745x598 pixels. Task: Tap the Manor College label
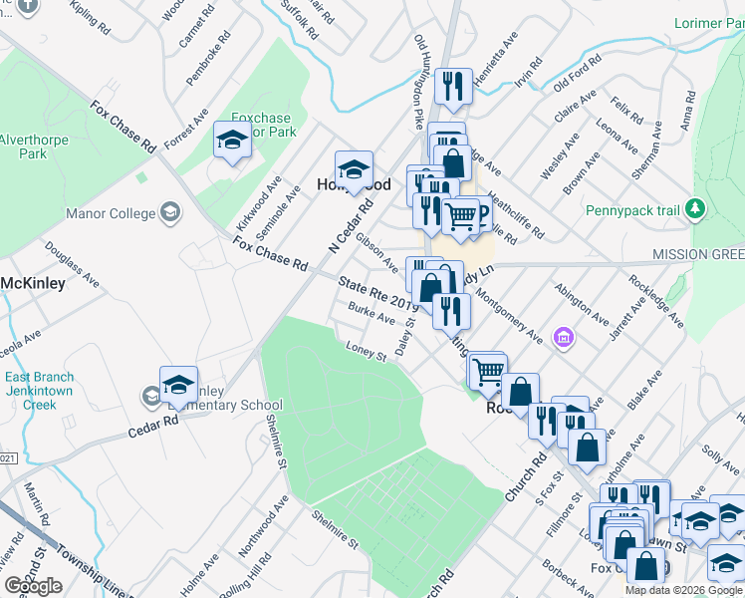(110, 213)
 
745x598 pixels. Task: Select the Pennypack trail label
(637, 210)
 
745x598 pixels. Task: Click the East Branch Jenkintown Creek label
(39, 391)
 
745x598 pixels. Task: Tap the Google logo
(33, 586)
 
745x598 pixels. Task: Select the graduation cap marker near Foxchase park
(232, 140)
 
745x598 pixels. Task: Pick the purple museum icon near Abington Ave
(564, 339)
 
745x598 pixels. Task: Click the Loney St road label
(366, 352)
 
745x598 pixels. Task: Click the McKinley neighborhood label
(33, 283)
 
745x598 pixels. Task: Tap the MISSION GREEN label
(698, 255)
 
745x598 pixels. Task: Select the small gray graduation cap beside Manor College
(170, 212)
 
